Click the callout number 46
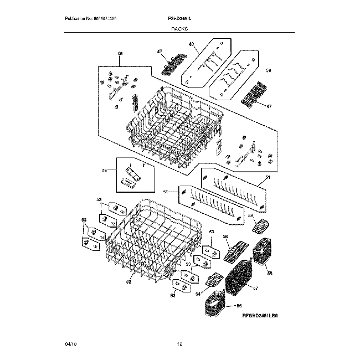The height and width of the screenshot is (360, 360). point(120,54)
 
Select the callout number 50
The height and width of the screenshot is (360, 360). point(269,70)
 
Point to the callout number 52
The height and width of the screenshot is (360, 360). point(128,281)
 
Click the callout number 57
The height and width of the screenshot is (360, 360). point(256,288)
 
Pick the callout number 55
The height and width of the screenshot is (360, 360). point(239,305)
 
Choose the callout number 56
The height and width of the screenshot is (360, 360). point(225,236)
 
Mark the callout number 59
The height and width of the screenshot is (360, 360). point(250,215)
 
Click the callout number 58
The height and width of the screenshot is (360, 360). point(270,273)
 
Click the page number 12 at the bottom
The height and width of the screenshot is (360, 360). point(179,344)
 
